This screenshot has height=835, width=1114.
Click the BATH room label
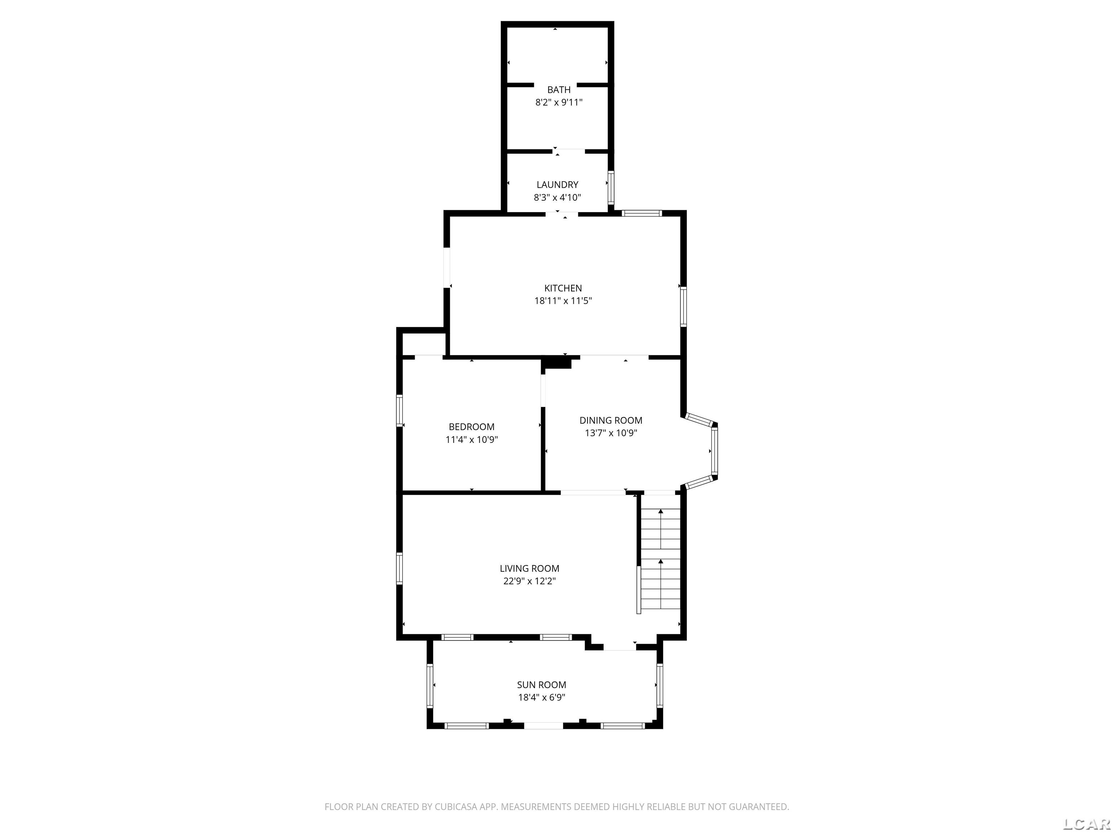tap(558, 90)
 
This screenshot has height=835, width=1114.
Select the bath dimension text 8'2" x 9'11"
tap(558, 103)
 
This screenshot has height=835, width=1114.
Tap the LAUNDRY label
tap(557, 185)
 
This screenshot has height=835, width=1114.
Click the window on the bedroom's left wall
tap(399, 410)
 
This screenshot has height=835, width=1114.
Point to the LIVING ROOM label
tap(529, 568)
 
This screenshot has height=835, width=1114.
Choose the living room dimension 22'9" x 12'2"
tap(529, 581)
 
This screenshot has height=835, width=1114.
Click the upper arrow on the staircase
tap(661, 512)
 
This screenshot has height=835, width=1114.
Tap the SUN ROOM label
tap(541, 685)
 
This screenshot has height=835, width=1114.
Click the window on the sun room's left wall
tap(430, 685)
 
